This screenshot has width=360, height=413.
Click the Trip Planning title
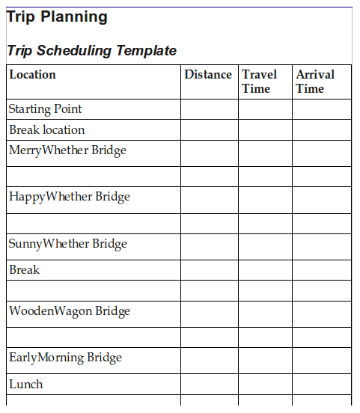(x=57, y=17)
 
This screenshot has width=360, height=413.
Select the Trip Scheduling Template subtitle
(x=91, y=51)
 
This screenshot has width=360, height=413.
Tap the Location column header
(x=32, y=74)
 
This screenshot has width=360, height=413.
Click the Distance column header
(x=208, y=74)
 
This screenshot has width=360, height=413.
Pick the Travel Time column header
(x=259, y=81)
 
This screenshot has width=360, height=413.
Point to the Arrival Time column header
(x=315, y=81)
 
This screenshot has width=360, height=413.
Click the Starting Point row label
(x=45, y=109)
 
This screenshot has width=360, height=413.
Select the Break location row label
(x=46, y=129)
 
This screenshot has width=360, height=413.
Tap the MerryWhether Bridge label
(x=67, y=150)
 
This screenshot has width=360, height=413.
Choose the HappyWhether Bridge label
(x=69, y=197)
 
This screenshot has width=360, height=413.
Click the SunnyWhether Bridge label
(x=67, y=244)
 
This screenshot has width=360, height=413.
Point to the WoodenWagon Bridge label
(x=70, y=311)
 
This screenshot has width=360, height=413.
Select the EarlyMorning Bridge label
(x=65, y=358)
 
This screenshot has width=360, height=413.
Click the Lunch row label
(x=25, y=385)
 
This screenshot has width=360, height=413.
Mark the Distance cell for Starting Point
(x=210, y=109)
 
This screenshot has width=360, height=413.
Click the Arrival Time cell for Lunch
(x=321, y=385)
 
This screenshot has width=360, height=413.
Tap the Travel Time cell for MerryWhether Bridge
(x=265, y=153)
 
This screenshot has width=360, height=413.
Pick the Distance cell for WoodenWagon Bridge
(x=210, y=313)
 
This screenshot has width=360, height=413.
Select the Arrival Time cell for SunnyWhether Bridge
(x=321, y=246)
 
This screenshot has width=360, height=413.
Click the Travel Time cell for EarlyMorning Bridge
(x=265, y=360)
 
